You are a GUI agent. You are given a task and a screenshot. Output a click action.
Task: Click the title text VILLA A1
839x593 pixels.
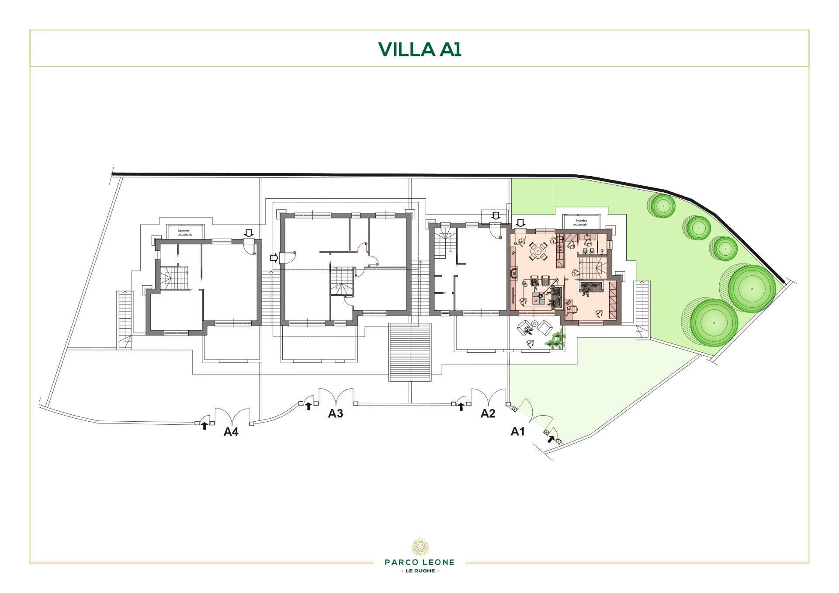[x=419, y=49]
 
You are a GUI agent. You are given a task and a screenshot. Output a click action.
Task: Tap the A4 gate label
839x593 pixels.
[x=231, y=432]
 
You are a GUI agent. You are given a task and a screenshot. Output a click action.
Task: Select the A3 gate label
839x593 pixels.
[x=336, y=413]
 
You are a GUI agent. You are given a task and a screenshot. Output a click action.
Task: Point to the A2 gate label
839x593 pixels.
[x=488, y=413]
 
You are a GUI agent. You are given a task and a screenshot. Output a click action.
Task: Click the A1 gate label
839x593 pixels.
[x=517, y=432]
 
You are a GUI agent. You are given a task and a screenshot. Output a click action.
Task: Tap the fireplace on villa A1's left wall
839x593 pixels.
[x=513, y=273]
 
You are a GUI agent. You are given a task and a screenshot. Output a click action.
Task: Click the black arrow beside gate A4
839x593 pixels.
[x=204, y=426]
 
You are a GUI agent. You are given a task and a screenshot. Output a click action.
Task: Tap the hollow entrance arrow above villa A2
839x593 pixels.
[x=496, y=215]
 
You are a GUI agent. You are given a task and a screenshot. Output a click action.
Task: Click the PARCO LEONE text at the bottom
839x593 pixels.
[x=419, y=562]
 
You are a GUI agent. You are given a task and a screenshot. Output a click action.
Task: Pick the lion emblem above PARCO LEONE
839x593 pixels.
[x=419, y=546]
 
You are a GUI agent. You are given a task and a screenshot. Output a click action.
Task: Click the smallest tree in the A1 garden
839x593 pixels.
[x=725, y=248]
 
